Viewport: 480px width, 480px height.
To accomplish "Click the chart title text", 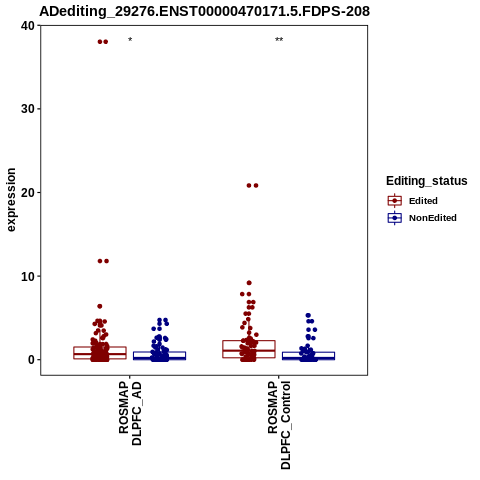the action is coord(204,11).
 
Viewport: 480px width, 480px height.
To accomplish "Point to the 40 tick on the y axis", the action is coord(28,26).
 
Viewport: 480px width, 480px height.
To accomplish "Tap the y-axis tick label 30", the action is coord(28,109).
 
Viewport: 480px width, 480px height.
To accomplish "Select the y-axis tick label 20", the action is coord(28,193).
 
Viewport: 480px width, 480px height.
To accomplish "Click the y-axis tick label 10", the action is coord(28,276).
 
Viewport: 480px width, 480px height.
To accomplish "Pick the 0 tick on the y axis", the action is coord(31,360).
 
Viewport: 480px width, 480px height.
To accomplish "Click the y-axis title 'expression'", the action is coord(11,200).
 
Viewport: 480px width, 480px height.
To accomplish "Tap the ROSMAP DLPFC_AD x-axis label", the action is coord(130,414).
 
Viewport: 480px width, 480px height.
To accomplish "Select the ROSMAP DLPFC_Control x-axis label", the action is coord(279,425).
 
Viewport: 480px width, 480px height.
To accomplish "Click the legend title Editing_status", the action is coord(427,181).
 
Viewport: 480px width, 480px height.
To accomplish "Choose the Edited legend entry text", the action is coord(423,201).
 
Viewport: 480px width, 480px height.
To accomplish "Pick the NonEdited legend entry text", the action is coord(433,218).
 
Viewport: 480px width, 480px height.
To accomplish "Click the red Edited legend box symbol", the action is coord(395,201).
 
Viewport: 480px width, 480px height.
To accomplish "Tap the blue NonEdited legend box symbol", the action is coord(395,218).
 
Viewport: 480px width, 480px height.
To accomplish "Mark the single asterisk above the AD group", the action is coord(130,40).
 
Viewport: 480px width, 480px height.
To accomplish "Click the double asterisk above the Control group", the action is coord(279,40).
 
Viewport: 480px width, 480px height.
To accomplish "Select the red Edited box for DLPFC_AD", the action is coord(100,353).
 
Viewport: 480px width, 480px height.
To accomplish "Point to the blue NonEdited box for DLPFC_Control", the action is coord(308,356).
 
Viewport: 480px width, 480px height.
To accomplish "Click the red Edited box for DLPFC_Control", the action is coord(249,349).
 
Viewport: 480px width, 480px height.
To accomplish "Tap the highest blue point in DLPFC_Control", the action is coord(308,315).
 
